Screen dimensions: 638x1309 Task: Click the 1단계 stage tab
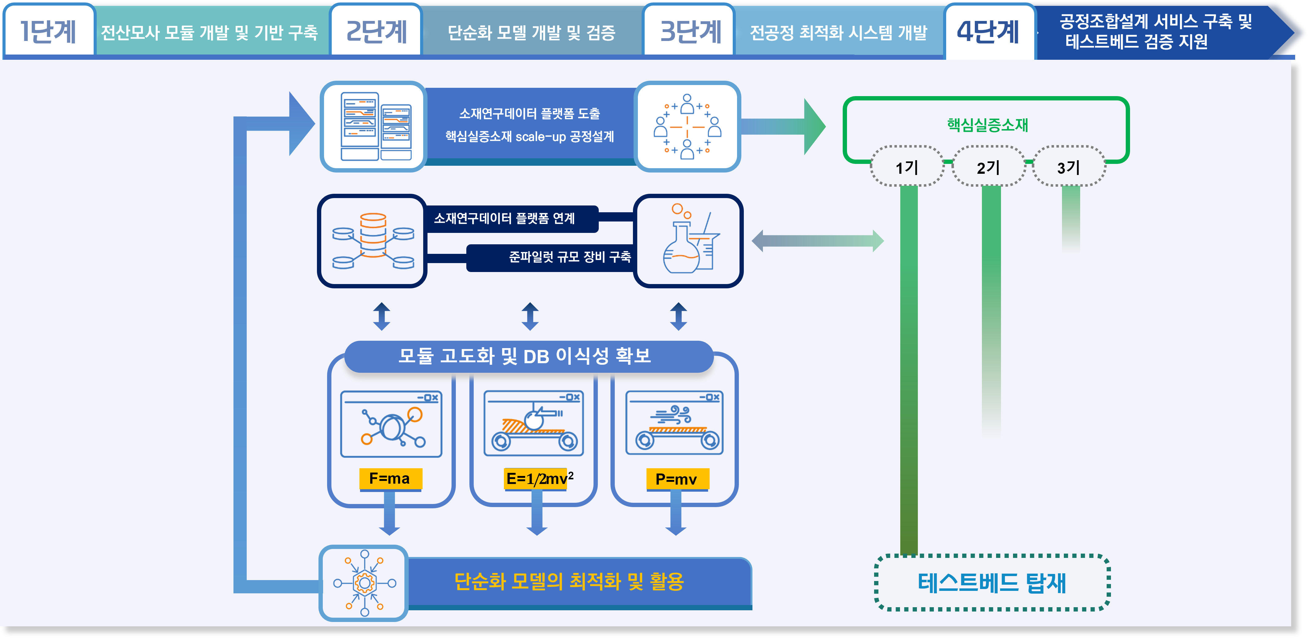[48, 31]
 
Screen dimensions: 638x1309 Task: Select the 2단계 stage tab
[376, 31]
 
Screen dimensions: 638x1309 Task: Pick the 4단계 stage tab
[988, 31]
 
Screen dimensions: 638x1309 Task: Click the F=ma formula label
[390, 479]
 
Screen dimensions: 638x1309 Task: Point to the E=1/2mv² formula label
[539, 479]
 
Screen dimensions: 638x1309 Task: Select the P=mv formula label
[676, 479]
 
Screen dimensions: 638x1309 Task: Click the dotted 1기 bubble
[907, 167]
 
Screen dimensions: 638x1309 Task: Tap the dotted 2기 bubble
[988, 167]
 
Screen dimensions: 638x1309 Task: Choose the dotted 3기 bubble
[1069, 167]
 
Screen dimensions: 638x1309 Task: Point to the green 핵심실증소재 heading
[987, 124]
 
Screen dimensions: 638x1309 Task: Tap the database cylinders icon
[372, 241]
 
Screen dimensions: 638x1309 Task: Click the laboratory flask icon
[689, 241]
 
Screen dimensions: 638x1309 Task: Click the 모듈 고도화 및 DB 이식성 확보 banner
[529, 356]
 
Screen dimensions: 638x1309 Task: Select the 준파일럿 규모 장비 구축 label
[569, 257]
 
